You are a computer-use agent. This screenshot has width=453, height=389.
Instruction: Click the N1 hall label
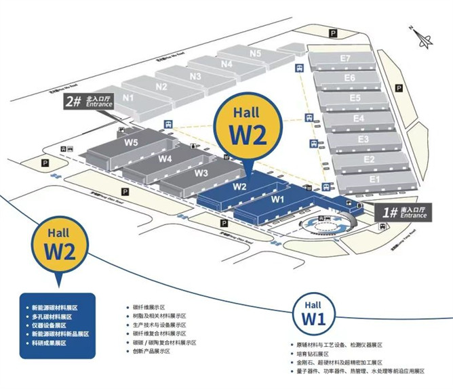point(128,97)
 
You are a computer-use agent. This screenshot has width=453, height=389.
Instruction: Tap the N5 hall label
point(255,53)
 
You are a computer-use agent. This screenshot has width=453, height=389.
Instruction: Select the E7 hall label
point(346,58)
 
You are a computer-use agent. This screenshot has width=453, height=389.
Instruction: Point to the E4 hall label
point(359,118)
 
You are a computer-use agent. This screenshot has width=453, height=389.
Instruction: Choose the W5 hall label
point(131,142)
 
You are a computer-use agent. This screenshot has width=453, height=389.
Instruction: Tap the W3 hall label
point(201,172)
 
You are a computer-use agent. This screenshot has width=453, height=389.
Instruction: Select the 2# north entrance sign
point(85,102)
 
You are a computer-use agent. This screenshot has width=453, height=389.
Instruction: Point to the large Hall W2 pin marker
point(245,129)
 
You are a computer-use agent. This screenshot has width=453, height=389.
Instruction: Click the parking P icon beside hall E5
point(400,87)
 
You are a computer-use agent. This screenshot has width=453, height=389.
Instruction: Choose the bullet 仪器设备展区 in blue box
point(52,325)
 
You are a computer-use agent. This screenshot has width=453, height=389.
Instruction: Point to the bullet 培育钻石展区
point(312,353)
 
